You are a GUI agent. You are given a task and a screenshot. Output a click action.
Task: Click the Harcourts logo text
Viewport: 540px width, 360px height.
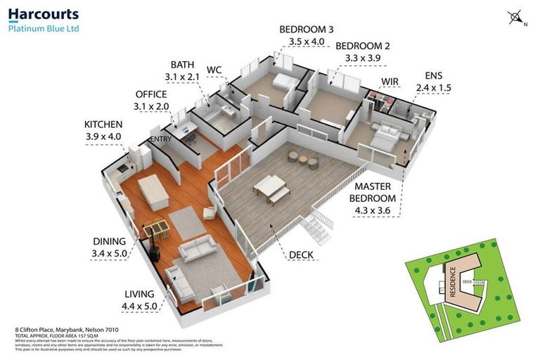pos(44,14)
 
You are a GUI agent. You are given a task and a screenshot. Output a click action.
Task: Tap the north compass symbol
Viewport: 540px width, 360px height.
pos(515,17)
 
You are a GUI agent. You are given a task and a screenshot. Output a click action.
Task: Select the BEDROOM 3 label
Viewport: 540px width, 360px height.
pos(306,30)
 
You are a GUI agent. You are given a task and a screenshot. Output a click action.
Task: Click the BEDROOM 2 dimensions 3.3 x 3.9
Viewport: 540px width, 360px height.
pos(362,58)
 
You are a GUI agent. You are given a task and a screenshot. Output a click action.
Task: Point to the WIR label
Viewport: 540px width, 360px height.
pos(390,82)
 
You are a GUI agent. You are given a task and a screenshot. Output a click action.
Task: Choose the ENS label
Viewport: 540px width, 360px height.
pos(434,76)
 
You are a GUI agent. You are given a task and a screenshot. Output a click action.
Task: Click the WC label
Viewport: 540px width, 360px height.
pos(214,70)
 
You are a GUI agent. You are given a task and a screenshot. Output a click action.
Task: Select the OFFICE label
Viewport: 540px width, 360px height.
pos(151,94)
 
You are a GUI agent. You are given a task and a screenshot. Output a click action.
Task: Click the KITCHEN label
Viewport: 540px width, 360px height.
pos(103,124)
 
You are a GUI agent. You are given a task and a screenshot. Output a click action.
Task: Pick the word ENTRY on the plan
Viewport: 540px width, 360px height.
pos(161,139)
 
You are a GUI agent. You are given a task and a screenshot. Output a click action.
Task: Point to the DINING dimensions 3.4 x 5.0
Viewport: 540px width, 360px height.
pos(108,253)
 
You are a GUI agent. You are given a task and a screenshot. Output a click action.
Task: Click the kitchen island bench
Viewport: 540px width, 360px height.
pos(154,191)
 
